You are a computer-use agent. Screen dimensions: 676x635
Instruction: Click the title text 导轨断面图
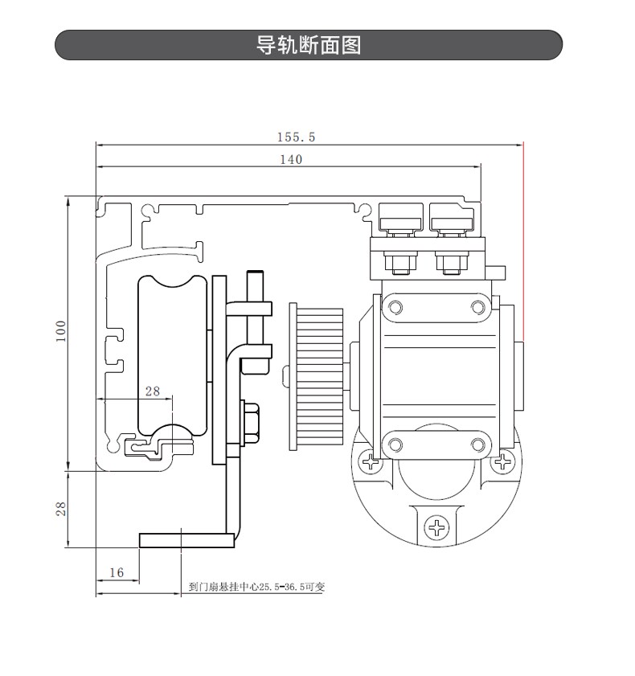tap(309, 45)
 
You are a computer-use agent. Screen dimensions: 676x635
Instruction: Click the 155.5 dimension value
tap(297, 137)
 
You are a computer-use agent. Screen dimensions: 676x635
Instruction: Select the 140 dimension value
tap(291, 159)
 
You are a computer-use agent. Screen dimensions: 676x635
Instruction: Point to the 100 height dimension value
tap(61, 331)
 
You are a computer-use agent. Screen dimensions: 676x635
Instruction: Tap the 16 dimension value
tap(117, 572)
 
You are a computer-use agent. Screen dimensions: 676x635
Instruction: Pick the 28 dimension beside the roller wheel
tap(153, 391)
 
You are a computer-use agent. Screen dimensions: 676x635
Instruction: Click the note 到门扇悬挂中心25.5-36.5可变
tap(256, 587)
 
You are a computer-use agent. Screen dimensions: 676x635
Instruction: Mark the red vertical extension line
tap(522, 241)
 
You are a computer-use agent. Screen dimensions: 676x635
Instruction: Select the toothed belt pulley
tap(316, 374)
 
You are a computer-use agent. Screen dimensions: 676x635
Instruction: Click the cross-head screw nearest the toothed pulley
tap(371, 462)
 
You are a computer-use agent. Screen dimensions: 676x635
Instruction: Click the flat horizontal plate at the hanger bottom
tap(186, 539)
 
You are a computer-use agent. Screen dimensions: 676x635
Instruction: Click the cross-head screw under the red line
tap(504, 461)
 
